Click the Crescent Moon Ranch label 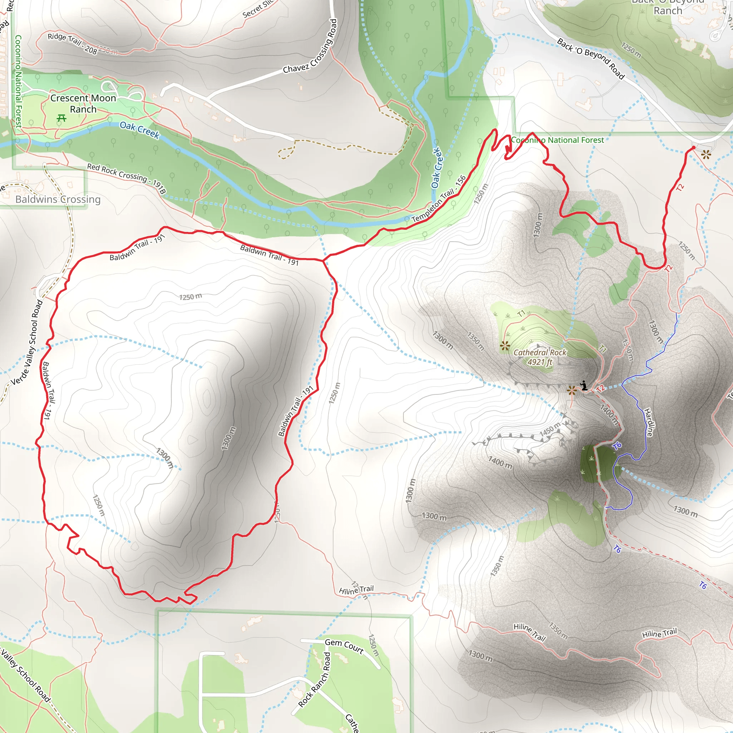pyautogui.click(x=83, y=103)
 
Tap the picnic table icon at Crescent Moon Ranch pyautogui.click(x=62, y=118)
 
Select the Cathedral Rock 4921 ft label pyautogui.click(x=539, y=357)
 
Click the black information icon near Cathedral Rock pyautogui.click(x=584, y=386)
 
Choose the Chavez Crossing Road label pyautogui.click(x=311, y=46)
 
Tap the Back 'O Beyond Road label pyautogui.click(x=590, y=58)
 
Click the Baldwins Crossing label pyautogui.click(x=58, y=199)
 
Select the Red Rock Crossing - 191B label pyautogui.click(x=126, y=178)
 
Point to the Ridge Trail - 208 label pyautogui.click(x=72, y=43)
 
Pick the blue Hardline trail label pyautogui.click(x=650, y=422)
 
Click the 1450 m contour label pyautogui.click(x=550, y=429)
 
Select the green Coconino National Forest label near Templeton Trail pyautogui.click(x=557, y=140)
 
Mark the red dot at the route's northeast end pyautogui.click(x=694, y=147)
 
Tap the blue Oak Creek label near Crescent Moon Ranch pyautogui.click(x=140, y=130)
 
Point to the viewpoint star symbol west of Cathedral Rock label pyautogui.click(x=505, y=346)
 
